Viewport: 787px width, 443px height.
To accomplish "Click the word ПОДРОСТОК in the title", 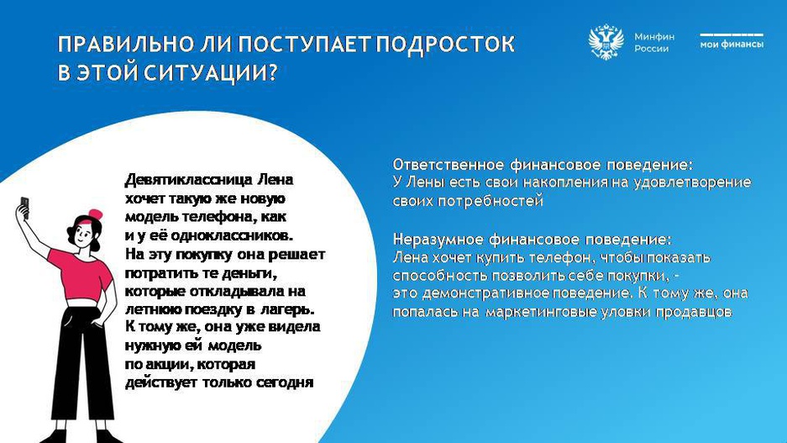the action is [445, 45].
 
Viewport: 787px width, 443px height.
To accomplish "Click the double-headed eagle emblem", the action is [606, 42].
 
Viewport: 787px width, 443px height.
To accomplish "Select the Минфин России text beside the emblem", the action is [654, 43].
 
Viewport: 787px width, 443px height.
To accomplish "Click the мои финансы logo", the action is [732, 40].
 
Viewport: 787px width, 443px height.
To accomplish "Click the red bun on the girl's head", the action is [95, 214].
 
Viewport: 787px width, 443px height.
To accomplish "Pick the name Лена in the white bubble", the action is [275, 179].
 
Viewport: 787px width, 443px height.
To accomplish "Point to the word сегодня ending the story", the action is [285, 382].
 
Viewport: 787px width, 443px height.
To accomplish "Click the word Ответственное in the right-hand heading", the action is [449, 165].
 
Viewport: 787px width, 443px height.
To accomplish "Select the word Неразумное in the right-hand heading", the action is [436, 239].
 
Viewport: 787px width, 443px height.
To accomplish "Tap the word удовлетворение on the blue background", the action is [692, 182].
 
